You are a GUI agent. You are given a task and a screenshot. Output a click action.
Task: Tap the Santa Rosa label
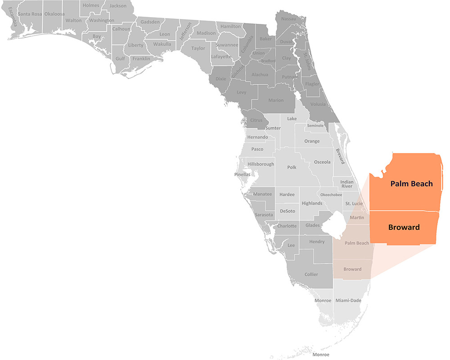(30, 14)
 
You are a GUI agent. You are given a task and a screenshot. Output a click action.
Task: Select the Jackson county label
(118, 6)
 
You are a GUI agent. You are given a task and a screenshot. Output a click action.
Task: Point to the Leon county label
(165, 34)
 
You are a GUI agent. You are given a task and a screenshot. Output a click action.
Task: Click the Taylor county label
(198, 48)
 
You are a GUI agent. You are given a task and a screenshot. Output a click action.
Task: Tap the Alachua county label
(260, 75)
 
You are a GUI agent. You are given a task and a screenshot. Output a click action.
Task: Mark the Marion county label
(276, 100)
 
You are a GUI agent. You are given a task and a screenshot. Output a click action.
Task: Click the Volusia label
(318, 104)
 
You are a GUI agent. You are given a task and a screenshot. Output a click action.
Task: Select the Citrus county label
(256, 120)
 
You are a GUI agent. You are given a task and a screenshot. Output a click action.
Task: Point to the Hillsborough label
(261, 164)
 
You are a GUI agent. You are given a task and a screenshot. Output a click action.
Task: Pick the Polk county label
(292, 167)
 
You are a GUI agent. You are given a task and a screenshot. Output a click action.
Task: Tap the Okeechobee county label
(331, 195)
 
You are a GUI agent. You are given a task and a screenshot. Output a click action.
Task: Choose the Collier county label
(311, 274)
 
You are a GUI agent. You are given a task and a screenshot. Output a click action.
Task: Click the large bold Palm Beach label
(411, 184)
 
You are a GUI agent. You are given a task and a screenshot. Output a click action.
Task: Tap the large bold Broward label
(404, 227)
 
